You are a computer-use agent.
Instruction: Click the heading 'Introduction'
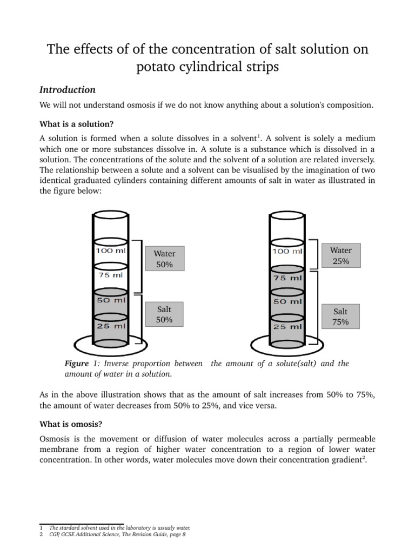click(68, 90)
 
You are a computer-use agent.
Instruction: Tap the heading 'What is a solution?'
click(76, 124)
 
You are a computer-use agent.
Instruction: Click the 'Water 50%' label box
click(164, 259)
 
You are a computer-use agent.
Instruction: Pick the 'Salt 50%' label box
click(164, 314)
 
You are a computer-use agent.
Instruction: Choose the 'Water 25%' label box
click(340, 255)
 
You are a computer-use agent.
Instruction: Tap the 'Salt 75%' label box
click(340, 316)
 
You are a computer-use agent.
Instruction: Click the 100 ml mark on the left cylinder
click(111, 251)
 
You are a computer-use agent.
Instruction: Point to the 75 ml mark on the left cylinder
click(111, 275)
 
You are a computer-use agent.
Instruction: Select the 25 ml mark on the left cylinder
click(111, 326)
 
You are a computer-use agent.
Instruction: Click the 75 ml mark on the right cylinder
click(287, 278)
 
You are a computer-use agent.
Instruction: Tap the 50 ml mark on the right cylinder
click(287, 301)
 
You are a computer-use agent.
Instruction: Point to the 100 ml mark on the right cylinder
click(287, 252)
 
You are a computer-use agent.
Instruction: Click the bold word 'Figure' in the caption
click(77, 364)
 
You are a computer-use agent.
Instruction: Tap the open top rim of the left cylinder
click(111, 215)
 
